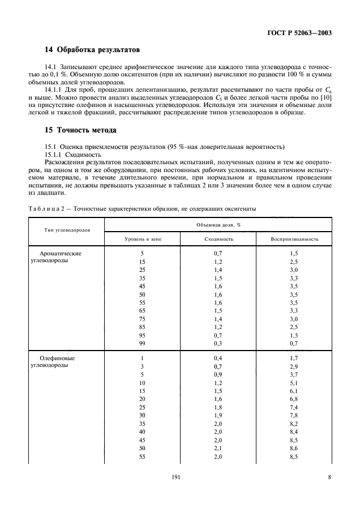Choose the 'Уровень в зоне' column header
(143, 239)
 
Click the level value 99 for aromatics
(143, 344)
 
